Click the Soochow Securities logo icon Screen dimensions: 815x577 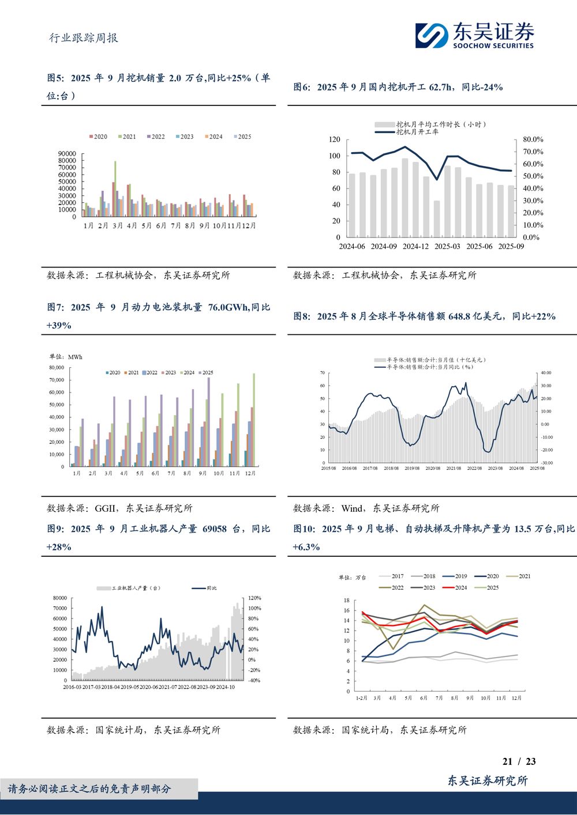(x=431, y=35)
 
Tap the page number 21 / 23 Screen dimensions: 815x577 (x=519, y=761)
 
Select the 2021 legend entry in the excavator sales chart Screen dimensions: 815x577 (x=126, y=137)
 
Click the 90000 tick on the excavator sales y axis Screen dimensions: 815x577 (x=67, y=154)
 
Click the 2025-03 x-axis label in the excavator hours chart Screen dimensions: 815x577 (x=447, y=247)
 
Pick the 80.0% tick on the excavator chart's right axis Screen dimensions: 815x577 (x=533, y=139)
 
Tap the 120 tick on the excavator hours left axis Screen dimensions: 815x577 (x=335, y=139)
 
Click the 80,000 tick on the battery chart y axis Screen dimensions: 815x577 (x=57, y=367)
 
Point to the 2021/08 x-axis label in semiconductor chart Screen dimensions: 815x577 (x=454, y=469)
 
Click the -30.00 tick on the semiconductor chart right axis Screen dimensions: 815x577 (x=545, y=463)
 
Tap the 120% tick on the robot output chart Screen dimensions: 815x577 (x=254, y=598)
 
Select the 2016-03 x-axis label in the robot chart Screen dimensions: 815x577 (x=73, y=687)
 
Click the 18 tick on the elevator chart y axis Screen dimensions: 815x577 (x=347, y=601)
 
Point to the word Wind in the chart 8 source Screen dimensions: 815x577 (x=352, y=508)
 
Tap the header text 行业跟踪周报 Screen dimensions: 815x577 (x=84, y=38)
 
